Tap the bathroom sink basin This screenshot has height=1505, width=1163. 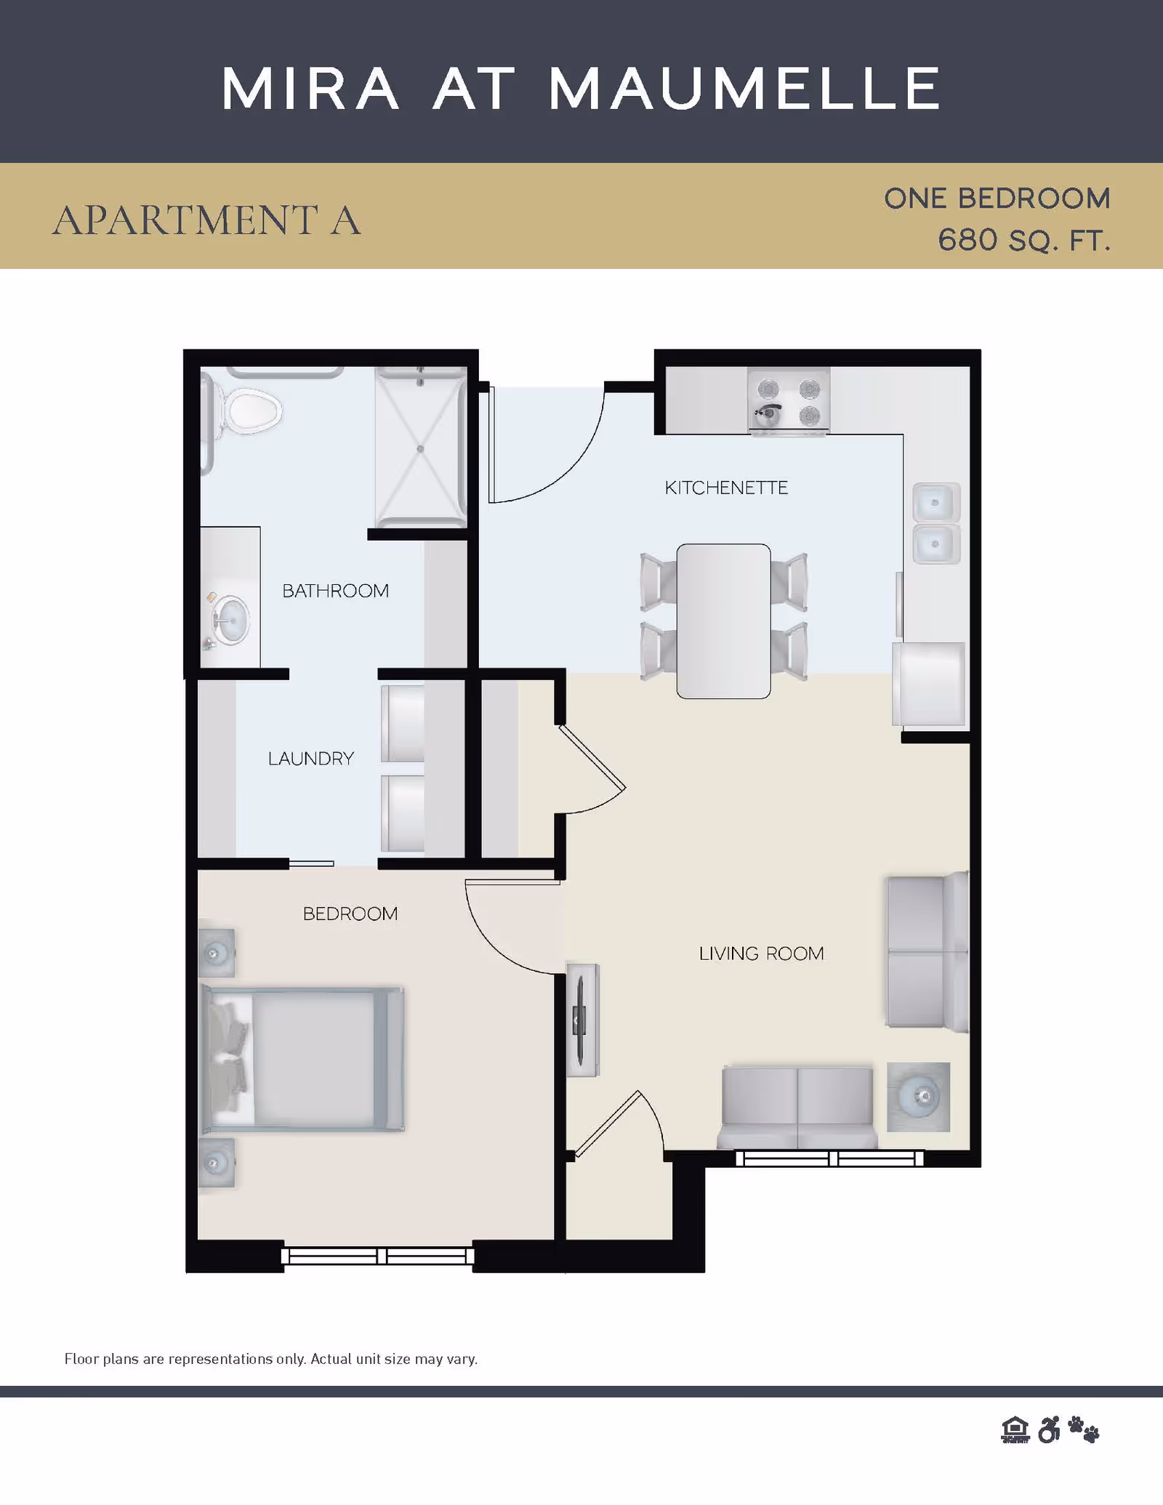click(x=231, y=619)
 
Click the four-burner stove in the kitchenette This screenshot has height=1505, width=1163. click(x=789, y=401)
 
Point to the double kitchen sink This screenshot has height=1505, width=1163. click(x=936, y=523)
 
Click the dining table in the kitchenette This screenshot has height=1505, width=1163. click(x=723, y=621)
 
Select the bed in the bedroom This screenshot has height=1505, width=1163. click(x=302, y=1059)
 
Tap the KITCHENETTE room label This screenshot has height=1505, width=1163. click(x=726, y=488)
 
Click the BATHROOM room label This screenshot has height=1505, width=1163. click(x=335, y=591)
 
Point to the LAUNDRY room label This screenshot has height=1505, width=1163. click(x=311, y=759)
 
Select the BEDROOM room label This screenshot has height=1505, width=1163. click(x=350, y=913)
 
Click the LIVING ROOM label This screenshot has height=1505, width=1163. click(x=761, y=953)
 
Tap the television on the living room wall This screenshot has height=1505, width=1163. click(x=582, y=1020)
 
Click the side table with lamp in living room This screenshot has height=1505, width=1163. click(x=919, y=1097)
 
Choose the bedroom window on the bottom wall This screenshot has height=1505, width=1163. click(x=378, y=1256)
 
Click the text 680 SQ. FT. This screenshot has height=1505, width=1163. click(x=1024, y=241)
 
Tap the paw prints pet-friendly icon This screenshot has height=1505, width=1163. click(x=1084, y=1429)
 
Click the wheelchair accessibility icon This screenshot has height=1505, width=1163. click(x=1049, y=1429)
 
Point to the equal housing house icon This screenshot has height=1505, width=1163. click(x=1015, y=1429)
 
